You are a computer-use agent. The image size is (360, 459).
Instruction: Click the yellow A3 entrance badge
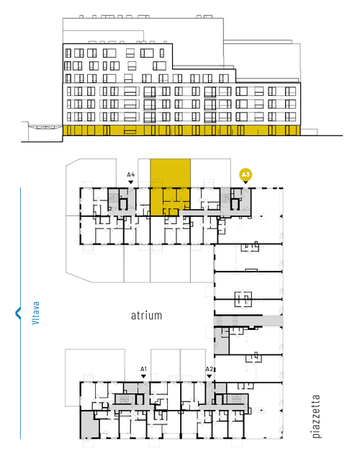[246, 175]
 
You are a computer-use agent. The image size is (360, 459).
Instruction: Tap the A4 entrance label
[131, 175]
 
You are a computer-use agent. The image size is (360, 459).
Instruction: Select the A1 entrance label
[143, 369]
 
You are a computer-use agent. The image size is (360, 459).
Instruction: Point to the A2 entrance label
[209, 369]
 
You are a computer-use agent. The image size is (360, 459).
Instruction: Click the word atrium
[146, 316]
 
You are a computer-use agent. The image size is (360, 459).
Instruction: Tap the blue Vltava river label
[35, 313]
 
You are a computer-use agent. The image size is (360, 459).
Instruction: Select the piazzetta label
[316, 416]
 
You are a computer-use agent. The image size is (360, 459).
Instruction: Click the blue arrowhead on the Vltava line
[18, 313]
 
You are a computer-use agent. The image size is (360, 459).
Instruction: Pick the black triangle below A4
[131, 182]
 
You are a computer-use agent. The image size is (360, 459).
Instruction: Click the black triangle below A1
[143, 376]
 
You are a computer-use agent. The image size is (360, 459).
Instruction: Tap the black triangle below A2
[209, 376]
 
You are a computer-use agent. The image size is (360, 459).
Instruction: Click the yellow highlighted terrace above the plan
[170, 173]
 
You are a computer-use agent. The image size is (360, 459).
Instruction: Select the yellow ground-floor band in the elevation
[181, 130]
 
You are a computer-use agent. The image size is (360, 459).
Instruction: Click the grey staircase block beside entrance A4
[114, 198]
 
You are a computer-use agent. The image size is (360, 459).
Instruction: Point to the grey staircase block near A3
[225, 199]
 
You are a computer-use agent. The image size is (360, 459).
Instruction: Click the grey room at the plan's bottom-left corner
[89, 424]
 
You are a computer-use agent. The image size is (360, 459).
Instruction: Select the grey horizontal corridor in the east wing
[248, 321]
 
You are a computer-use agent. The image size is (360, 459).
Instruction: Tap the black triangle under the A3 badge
[246, 182]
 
